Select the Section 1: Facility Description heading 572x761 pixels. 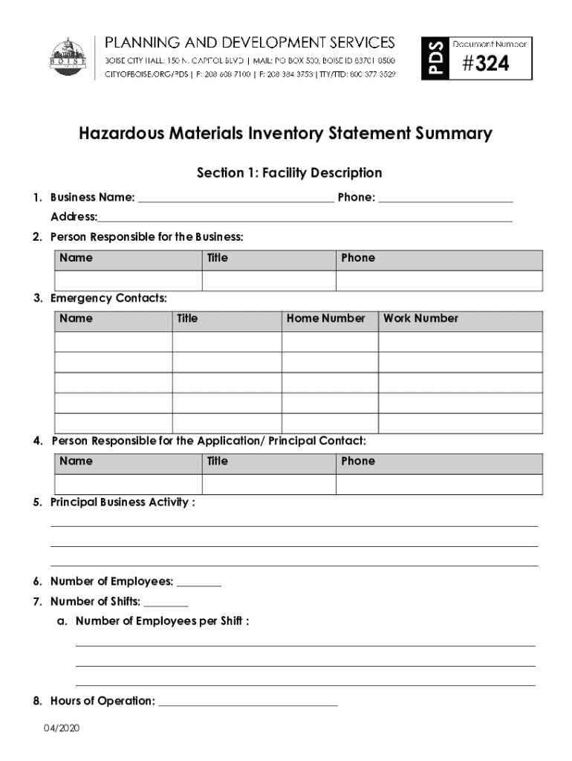[x=289, y=173]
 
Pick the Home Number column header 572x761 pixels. [x=325, y=318]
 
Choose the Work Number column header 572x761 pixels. [x=420, y=318]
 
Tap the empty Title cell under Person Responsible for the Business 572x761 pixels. [x=269, y=281]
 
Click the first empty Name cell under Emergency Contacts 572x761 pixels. [x=114, y=342]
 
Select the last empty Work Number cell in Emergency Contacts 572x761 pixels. [x=460, y=423]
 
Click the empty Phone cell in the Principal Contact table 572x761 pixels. [x=438, y=485]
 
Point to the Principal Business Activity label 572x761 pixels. [x=123, y=502]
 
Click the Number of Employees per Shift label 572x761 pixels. [x=162, y=621]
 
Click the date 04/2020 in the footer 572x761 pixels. [x=61, y=728]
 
